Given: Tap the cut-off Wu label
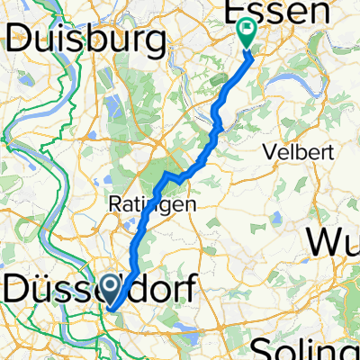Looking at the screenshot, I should click(334, 242).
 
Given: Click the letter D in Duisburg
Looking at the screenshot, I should click(22, 39).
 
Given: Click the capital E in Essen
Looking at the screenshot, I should click(229, 12).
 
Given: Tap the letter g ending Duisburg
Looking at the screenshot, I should click(160, 41).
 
